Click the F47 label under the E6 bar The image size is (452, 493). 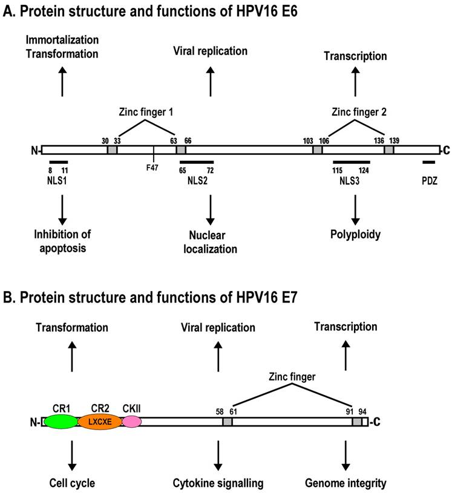(153, 167)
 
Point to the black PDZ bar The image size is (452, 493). (428, 162)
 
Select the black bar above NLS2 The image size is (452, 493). (196, 162)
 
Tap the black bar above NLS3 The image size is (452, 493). (352, 162)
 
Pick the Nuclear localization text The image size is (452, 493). (211, 240)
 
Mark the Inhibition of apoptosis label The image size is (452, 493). (61, 240)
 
